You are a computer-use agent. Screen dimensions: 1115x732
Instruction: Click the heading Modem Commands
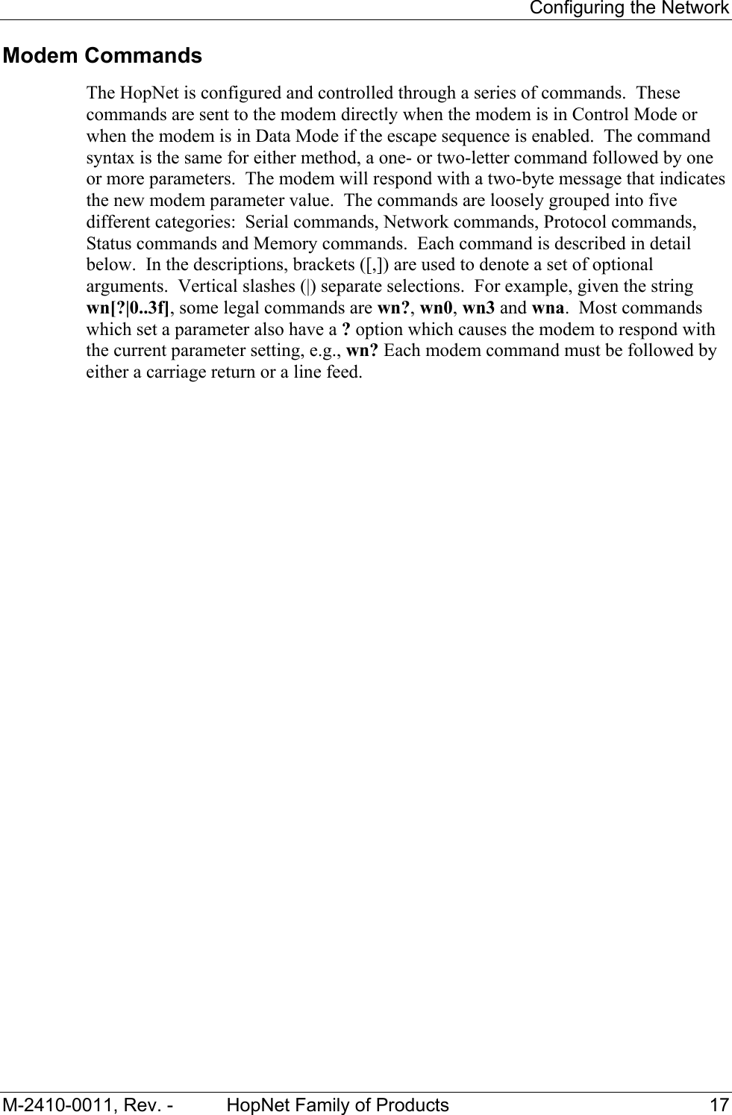pos(102,56)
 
